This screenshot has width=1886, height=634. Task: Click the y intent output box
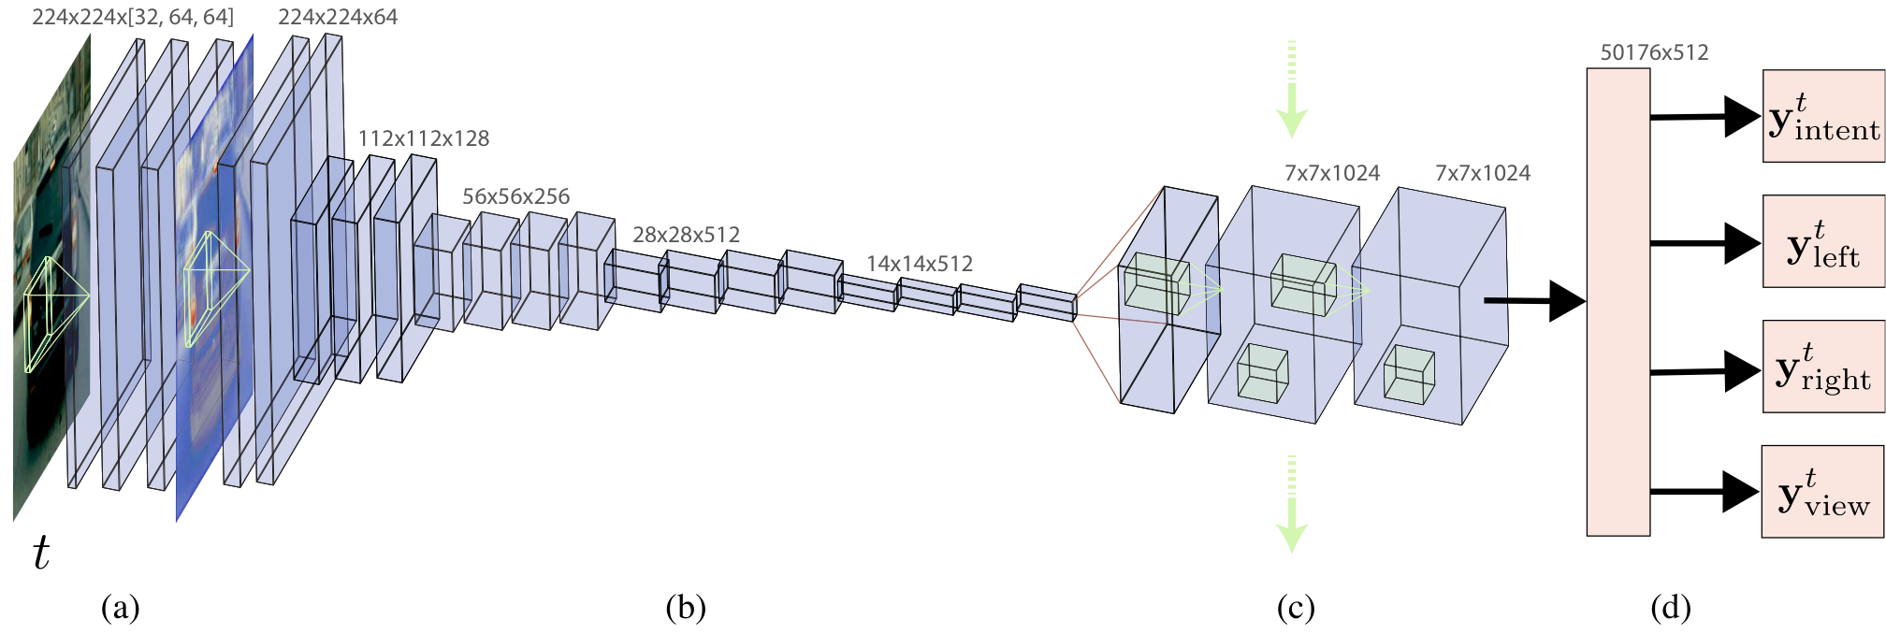pyautogui.click(x=1823, y=116)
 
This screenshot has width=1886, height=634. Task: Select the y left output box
pyautogui.click(x=1823, y=241)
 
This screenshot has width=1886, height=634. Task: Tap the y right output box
pyautogui.click(x=1823, y=367)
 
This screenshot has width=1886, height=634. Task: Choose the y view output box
pyautogui.click(x=1822, y=492)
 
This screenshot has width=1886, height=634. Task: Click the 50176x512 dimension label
pyautogui.click(x=1654, y=52)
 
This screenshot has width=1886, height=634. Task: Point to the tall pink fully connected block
pyautogui.click(x=1618, y=302)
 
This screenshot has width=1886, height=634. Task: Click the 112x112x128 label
pyautogui.click(x=424, y=138)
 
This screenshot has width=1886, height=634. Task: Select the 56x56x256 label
pyautogui.click(x=516, y=196)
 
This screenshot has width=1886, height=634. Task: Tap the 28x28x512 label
pyautogui.click(x=686, y=235)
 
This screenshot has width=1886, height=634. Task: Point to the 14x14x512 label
pyautogui.click(x=920, y=264)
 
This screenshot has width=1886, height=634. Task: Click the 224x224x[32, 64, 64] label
pyautogui.click(x=133, y=17)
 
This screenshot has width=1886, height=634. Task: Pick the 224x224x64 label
pyautogui.click(x=338, y=17)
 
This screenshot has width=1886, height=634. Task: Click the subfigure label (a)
pyautogui.click(x=121, y=608)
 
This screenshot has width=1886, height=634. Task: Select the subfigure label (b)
pyautogui.click(x=686, y=608)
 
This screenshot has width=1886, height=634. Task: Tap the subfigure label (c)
pyautogui.click(x=1296, y=608)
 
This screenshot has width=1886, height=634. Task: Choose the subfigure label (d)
pyautogui.click(x=1671, y=608)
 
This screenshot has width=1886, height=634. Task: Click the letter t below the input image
pyautogui.click(x=41, y=553)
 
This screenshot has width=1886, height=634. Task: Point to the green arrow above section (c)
pyautogui.click(x=1292, y=90)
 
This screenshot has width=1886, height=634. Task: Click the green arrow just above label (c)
pyautogui.click(x=1292, y=505)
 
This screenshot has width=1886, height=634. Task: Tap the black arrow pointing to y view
pyautogui.click(x=1705, y=492)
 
